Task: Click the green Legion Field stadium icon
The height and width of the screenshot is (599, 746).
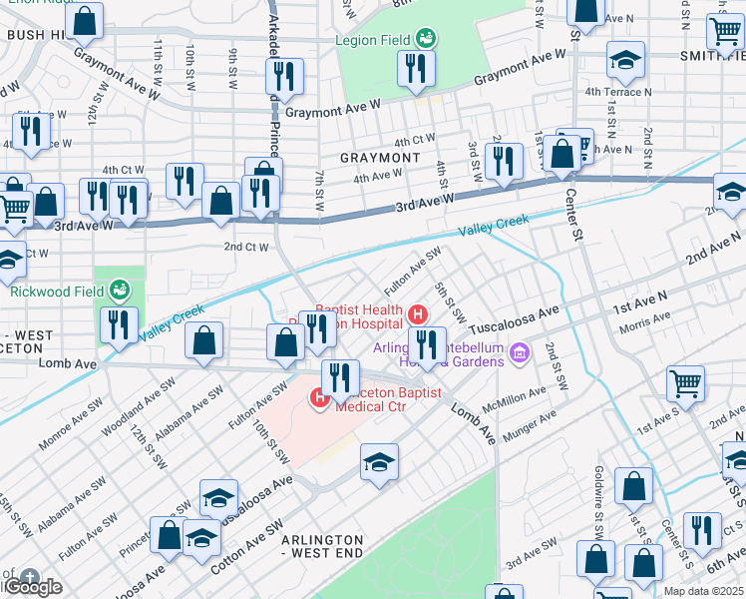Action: click(426, 38)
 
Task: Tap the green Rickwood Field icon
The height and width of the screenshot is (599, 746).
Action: click(120, 291)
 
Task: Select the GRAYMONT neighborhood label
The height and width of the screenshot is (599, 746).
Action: click(379, 158)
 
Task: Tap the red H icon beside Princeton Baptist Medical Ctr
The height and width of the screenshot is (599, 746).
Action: click(320, 399)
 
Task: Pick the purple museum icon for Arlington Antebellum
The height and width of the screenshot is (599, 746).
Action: click(518, 351)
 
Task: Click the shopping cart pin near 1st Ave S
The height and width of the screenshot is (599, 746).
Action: click(686, 382)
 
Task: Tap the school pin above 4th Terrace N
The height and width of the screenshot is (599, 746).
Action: click(624, 61)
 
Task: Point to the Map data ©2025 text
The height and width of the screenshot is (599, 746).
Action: click(703, 591)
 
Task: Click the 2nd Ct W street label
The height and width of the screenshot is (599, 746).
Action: click(245, 247)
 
